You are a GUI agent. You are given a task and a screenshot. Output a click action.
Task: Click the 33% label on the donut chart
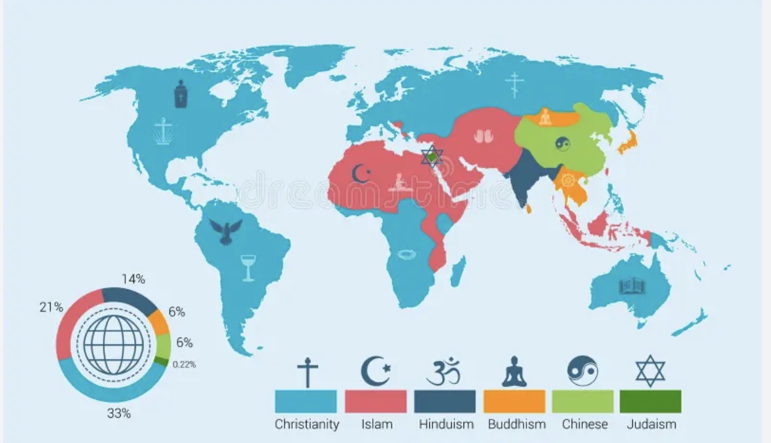point(119,414)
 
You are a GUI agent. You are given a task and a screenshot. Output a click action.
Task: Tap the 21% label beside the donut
point(51,307)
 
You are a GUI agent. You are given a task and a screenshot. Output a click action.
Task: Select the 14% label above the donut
point(134,279)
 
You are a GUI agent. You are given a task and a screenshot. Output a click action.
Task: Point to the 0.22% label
point(184,364)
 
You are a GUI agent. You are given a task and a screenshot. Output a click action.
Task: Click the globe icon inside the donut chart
point(113,344)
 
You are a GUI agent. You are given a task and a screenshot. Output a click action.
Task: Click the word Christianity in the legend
point(306,424)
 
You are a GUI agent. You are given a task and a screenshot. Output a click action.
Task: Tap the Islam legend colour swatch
point(375,402)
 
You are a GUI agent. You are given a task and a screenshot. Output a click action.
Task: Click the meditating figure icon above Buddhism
point(514,372)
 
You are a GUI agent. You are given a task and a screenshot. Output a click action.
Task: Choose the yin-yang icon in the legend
point(582,371)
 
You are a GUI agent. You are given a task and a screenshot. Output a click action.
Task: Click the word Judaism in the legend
point(651,424)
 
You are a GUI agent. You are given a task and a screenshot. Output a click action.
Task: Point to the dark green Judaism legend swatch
point(650,402)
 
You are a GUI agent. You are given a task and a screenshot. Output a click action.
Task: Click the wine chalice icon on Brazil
point(247,267)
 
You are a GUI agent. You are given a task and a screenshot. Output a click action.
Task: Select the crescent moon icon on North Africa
point(361,173)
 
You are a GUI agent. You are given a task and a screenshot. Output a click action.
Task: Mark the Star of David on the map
point(432,157)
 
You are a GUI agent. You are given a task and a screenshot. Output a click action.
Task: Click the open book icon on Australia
point(632,287)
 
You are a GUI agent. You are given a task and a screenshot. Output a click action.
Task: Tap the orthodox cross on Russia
point(514,84)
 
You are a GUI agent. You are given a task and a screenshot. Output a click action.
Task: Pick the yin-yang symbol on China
point(562,144)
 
